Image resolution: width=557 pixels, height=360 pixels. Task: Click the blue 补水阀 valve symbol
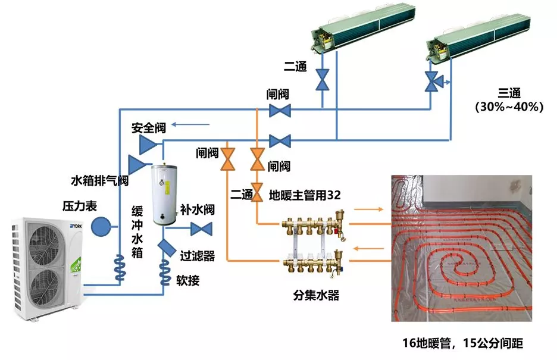[x=203, y=228]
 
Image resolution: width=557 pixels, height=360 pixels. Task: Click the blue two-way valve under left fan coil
[x=323, y=79]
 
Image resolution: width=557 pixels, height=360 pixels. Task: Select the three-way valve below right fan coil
[x=431, y=82]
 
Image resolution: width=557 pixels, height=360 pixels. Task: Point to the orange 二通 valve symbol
[x=258, y=192]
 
